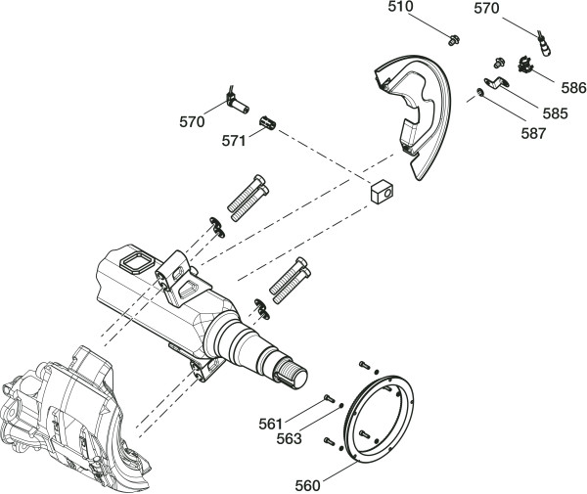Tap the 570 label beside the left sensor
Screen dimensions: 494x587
pos(192,122)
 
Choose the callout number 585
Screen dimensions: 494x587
pos(555,113)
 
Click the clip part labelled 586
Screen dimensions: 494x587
pos(521,65)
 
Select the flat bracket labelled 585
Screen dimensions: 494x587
pos(493,85)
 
